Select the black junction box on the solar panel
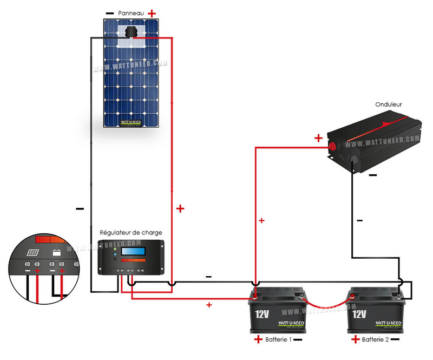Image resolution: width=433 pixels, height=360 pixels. pos(130,32)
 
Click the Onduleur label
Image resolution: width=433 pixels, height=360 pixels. pos(388,104)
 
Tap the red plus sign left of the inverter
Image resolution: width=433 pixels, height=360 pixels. pos(318,138)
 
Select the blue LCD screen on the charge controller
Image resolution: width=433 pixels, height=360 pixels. pos(134,252)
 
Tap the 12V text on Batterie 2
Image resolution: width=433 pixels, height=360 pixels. pos(360,314)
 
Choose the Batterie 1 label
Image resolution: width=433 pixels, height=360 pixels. pos(279,340)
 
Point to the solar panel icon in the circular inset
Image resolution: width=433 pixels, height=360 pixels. pos(33,253)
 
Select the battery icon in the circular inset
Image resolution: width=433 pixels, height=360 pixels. pos(56,252)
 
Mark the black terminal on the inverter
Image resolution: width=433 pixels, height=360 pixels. pos(355,160)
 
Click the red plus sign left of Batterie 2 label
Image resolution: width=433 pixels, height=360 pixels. pos(356,340)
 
